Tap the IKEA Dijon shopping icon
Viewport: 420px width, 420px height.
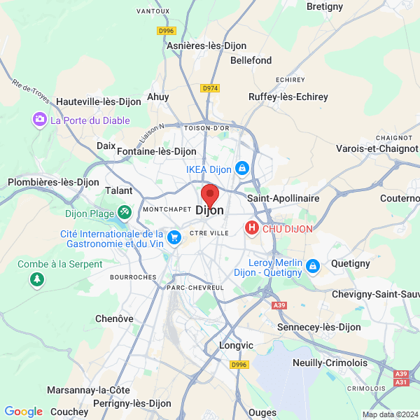click(241, 169)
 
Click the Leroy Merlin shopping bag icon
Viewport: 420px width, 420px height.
click(313, 266)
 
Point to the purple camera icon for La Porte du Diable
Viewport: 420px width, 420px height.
click(40, 120)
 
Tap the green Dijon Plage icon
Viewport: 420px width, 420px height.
click(124, 210)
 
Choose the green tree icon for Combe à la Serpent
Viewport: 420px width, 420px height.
click(36, 279)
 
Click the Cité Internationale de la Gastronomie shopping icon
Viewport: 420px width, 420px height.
click(174, 239)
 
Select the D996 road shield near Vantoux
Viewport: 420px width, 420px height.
click(166, 31)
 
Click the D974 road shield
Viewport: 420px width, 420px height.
click(210, 88)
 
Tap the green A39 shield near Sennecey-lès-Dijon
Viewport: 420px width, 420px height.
click(279, 305)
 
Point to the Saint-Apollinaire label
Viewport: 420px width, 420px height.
click(283, 199)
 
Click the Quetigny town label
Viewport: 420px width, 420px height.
click(350, 263)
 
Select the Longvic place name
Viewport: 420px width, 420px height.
click(236, 346)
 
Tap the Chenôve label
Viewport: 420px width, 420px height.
click(114, 318)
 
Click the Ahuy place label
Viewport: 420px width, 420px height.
click(157, 97)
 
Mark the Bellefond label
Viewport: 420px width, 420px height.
click(251, 61)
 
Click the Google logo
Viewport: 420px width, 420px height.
click(23, 412)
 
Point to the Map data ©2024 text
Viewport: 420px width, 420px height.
click(389, 414)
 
